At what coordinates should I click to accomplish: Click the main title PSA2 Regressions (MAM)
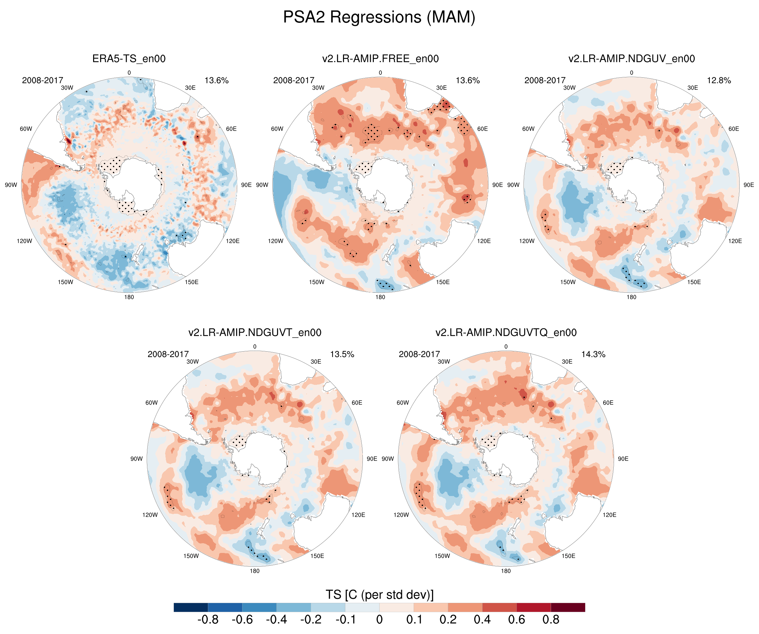point(379,17)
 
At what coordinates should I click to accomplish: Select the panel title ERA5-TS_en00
point(129,59)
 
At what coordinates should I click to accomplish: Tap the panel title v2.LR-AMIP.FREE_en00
point(380,59)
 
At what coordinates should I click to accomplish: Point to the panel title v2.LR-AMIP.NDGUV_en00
point(631,59)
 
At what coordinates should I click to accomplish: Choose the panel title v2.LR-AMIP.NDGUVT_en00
point(255,333)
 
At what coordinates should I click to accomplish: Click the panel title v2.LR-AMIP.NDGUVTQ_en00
point(506,333)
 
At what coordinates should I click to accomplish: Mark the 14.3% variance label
point(593,354)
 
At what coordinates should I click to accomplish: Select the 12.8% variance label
point(719,80)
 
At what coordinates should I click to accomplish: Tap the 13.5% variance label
point(342,354)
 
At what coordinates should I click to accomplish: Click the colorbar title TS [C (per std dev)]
point(379,594)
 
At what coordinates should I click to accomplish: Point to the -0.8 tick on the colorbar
point(208,620)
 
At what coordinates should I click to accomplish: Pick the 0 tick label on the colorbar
point(379,620)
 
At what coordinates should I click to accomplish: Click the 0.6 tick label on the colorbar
point(516,620)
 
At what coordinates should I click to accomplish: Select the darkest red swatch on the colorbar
point(568,607)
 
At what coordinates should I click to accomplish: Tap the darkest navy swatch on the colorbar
point(191,607)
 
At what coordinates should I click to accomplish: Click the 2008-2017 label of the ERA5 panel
point(43,80)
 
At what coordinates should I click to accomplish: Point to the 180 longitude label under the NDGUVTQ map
point(506,571)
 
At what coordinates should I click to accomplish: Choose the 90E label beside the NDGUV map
point(749,185)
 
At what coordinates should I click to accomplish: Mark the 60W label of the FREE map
point(277,129)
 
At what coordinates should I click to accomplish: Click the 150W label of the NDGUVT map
point(191,556)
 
